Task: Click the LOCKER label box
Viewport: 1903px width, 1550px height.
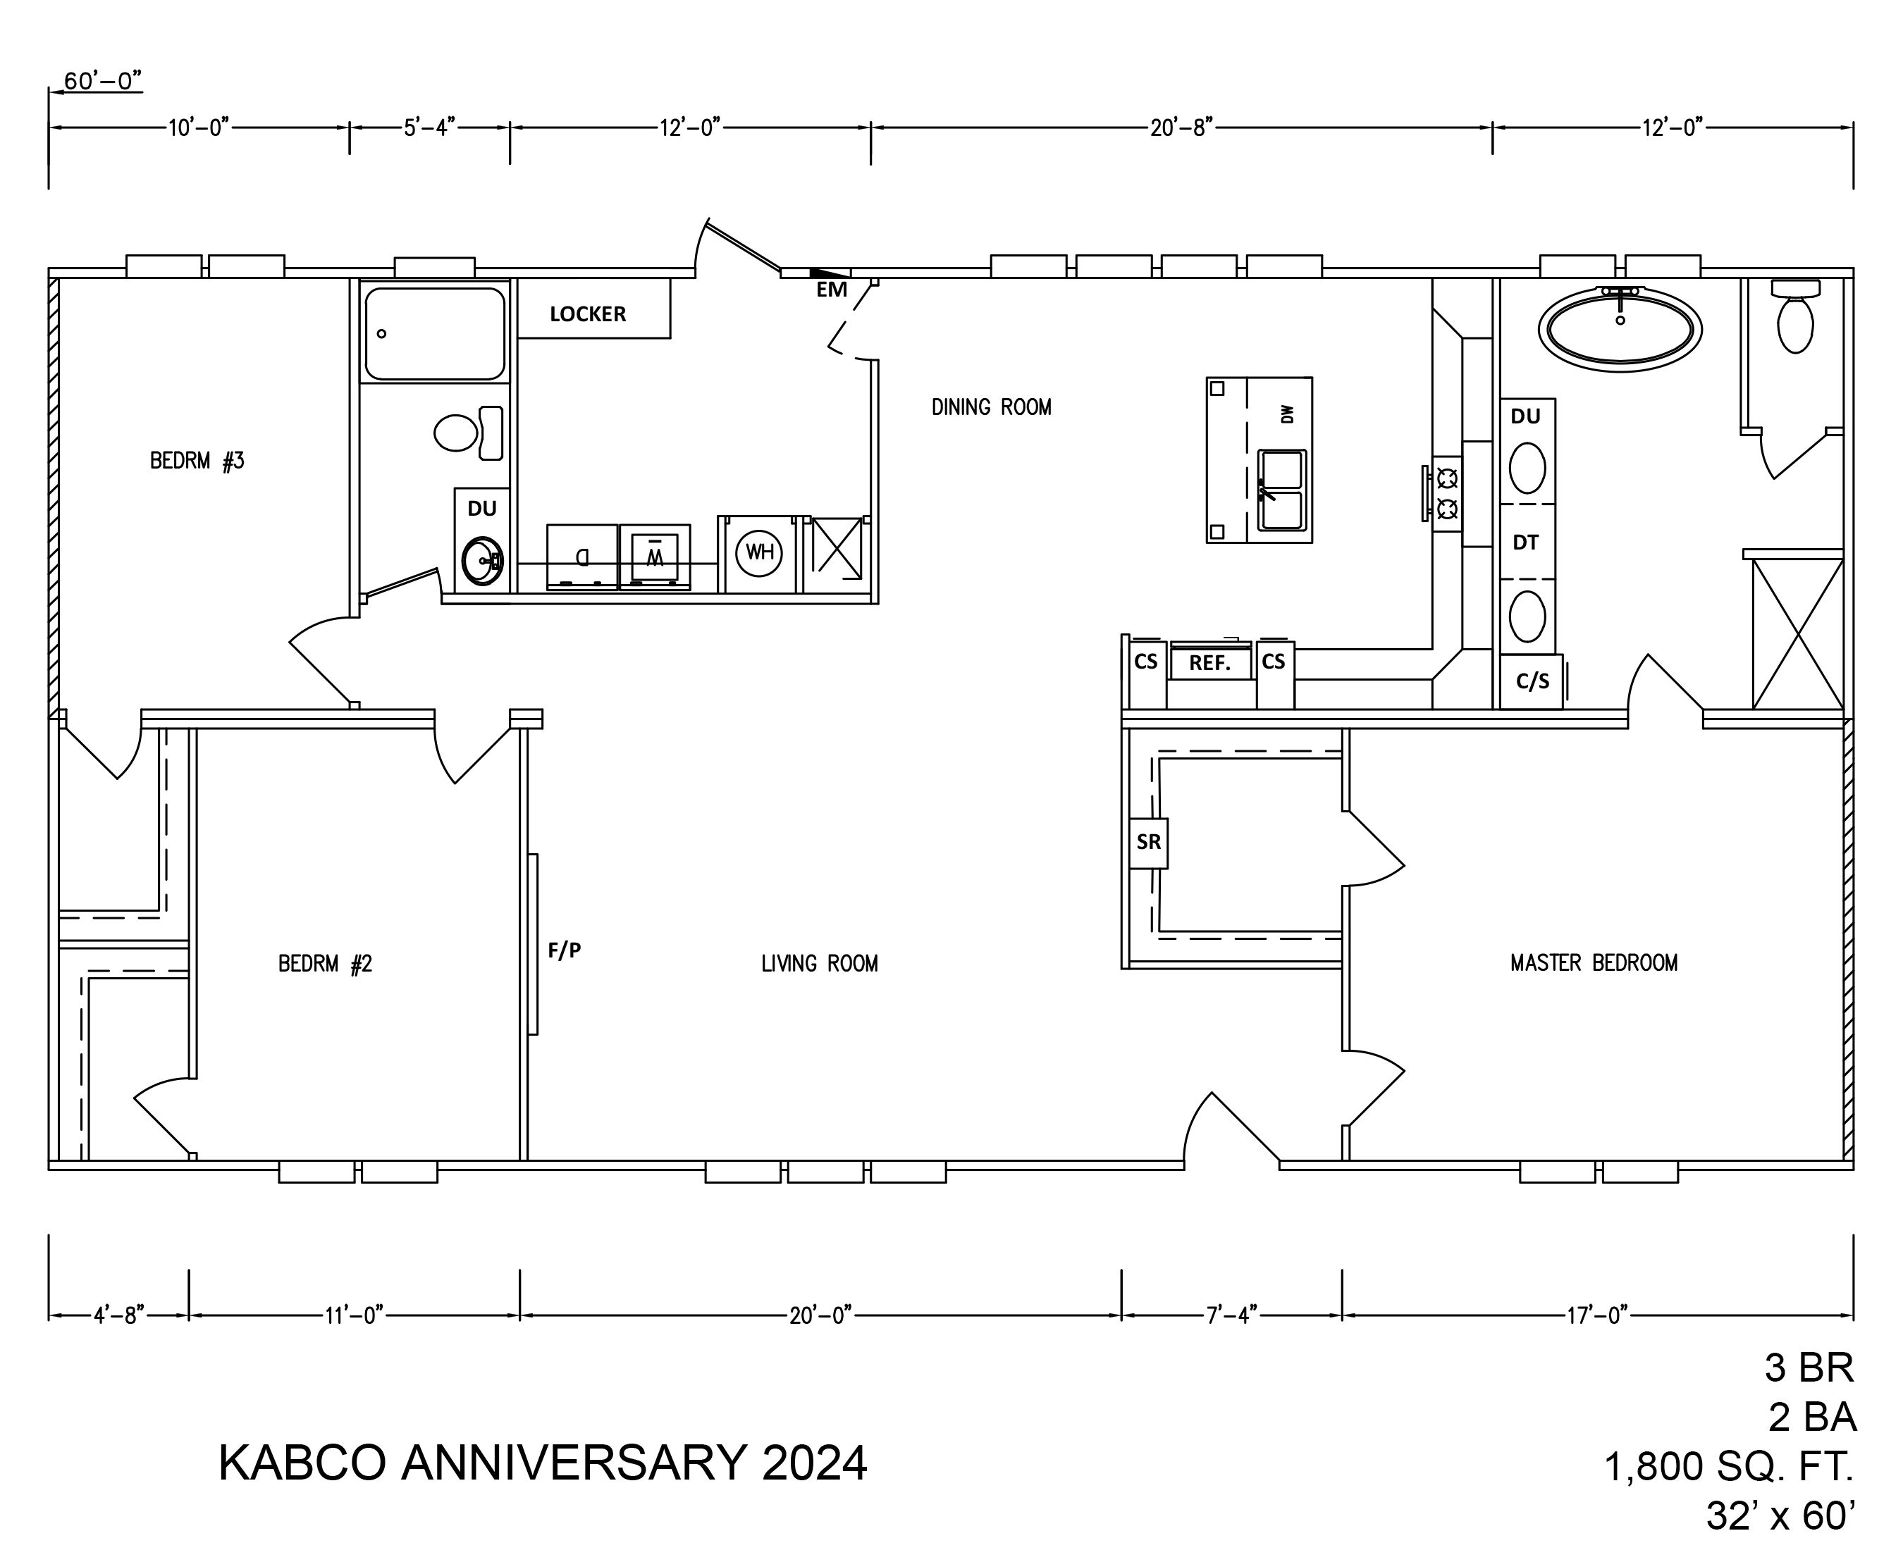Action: point(594,308)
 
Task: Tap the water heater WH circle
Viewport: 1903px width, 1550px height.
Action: point(759,552)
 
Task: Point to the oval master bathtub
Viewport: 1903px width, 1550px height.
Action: point(1620,328)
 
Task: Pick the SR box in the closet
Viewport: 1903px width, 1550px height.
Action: point(1148,843)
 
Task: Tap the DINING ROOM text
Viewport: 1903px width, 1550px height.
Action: point(991,407)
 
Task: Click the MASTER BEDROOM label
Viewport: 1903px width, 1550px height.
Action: point(1594,962)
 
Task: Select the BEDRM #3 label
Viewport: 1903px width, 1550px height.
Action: point(197,461)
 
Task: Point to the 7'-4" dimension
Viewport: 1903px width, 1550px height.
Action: point(1232,1315)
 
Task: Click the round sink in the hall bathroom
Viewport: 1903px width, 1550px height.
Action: point(482,561)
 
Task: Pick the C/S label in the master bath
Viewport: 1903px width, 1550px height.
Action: point(1532,681)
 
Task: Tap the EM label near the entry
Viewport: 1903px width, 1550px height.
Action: point(832,290)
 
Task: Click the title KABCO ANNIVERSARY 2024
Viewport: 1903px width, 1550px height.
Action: point(543,1463)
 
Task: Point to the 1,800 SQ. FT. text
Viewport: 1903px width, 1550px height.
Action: point(1730,1466)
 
